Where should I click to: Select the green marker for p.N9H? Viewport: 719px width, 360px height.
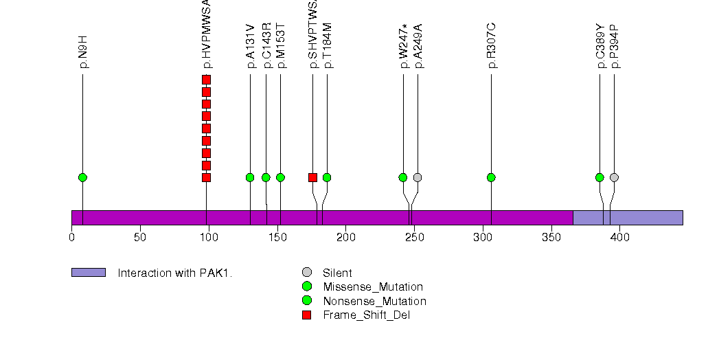tap(82, 177)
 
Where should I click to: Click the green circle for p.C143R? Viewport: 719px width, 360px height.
tap(266, 177)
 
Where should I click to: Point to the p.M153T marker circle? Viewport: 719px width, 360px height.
tap(280, 177)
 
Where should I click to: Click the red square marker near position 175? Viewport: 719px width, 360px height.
tap(312, 177)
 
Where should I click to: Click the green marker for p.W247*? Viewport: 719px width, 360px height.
tap(403, 177)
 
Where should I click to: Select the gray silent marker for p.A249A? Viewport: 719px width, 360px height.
tap(418, 177)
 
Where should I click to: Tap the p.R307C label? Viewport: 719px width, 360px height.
tap(492, 45)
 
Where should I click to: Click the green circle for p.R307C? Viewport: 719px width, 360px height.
tap(491, 177)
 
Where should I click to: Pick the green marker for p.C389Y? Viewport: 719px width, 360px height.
tap(600, 177)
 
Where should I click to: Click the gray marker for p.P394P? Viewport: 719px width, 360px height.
tap(614, 177)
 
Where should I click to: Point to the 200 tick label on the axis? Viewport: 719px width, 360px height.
tap(345, 238)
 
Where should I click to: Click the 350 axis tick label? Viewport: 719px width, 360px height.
tap(551, 238)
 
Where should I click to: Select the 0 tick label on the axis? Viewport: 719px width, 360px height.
tap(71, 238)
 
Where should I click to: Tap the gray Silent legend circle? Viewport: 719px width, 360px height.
tap(307, 273)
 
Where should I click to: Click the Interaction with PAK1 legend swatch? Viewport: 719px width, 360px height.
tap(88, 273)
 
